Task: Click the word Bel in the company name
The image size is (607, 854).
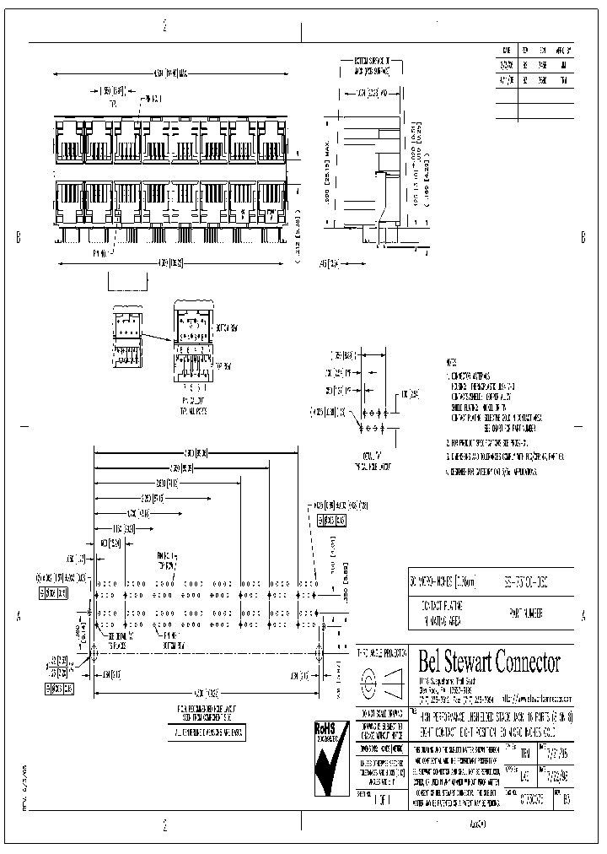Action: [x=432, y=662]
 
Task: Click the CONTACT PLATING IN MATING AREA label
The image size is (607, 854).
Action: [x=438, y=611]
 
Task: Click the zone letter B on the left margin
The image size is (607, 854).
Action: [x=18, y=238]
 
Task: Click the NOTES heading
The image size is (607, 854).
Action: [x=453, y=359]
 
